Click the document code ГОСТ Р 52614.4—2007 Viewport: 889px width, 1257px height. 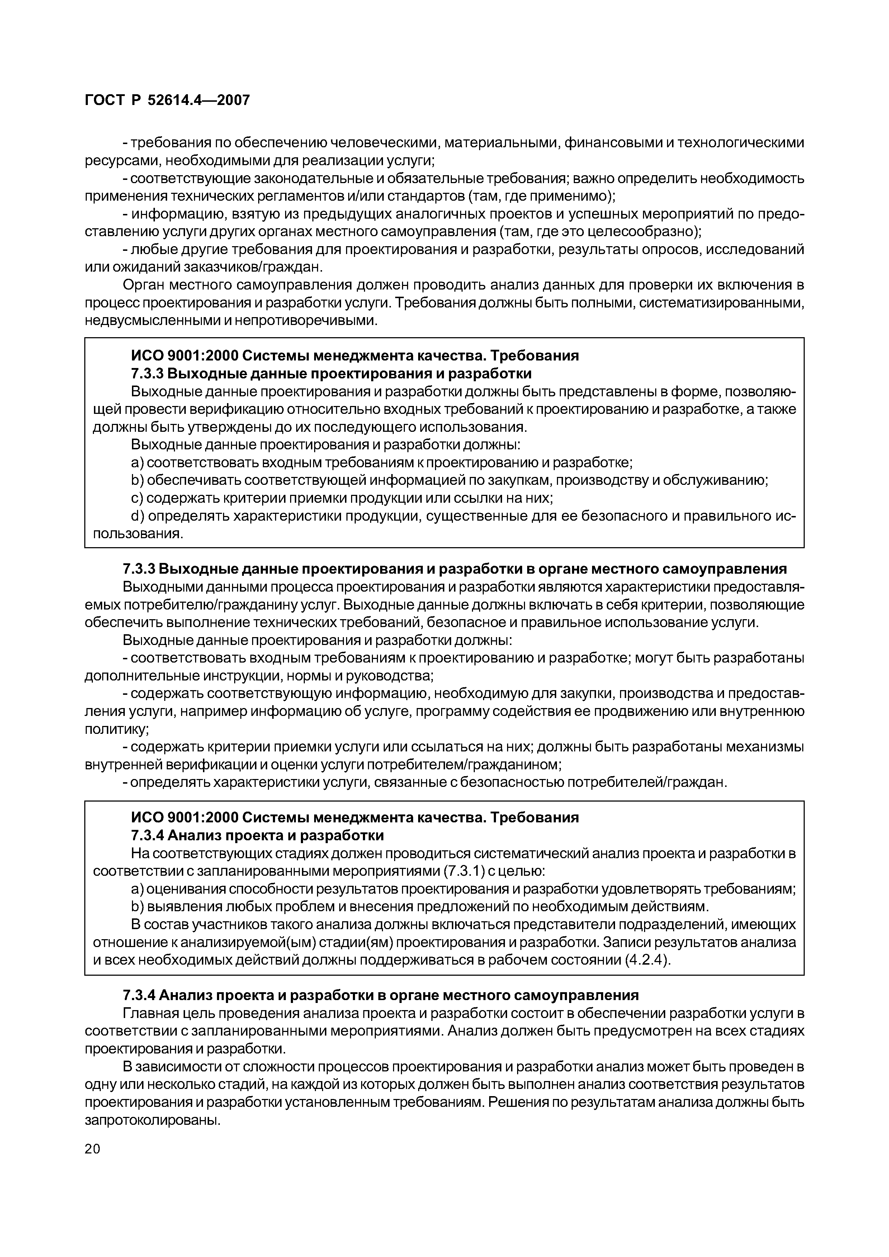coord(167,100)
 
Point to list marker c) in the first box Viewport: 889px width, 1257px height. coord(136,498)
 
